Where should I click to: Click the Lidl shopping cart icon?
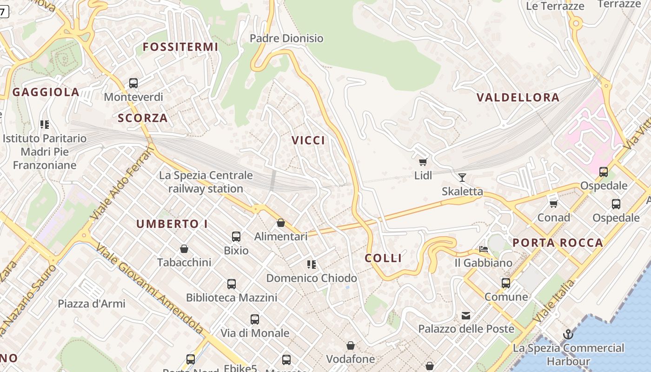(x=423, y=162)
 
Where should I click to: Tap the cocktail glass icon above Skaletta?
(x=462, y=177)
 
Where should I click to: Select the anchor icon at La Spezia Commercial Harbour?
(x=568, y=334)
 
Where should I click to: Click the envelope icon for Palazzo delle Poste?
(x=466, y=316)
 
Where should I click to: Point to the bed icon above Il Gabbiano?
(x=484, y=249)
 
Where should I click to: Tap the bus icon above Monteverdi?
(x=133, y=83)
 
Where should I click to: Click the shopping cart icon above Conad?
(x=553, y=204)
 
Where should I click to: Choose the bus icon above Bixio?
(x=236, y=237)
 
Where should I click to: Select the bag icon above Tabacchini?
(x=184, y=249)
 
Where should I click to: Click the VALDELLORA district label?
(x=518, y=98)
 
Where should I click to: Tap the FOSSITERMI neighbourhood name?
(x=180, y=47)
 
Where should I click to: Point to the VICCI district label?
(x=308, y=140)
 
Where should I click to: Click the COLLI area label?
(x=383, y=259)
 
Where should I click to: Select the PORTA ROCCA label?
(x=558, y=243)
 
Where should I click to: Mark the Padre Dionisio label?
(x=286, y=38)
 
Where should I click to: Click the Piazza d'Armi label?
(x=92, y=304)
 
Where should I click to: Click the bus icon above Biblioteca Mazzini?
(x=232, y=284)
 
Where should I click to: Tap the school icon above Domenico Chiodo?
(x=312, y=265)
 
